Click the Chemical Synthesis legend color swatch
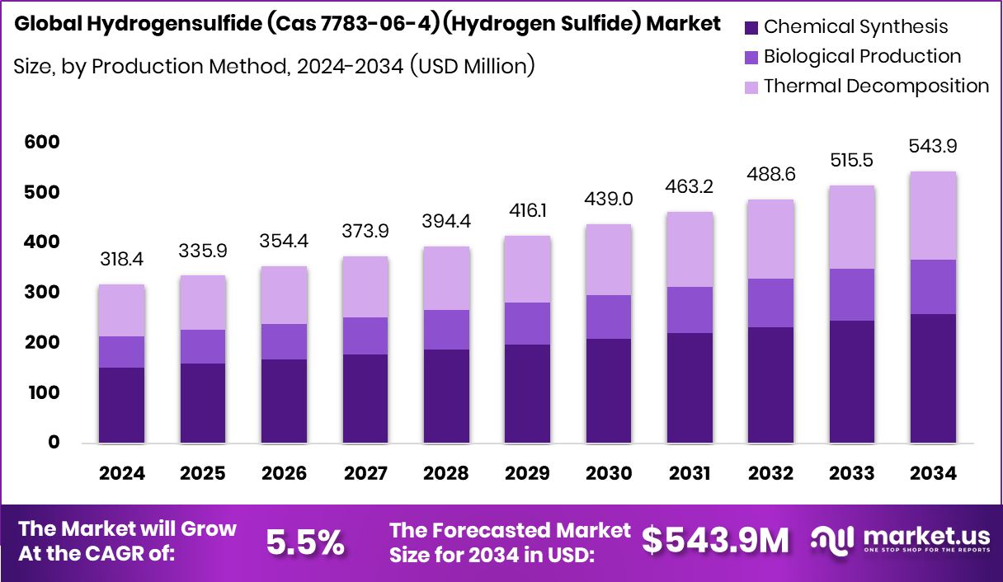pos(751,26)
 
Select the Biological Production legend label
pos(862,56)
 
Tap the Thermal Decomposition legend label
pos(876,86)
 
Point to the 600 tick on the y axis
pos(41,143)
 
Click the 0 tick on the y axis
pos(53,443)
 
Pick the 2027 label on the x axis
pos(365,473)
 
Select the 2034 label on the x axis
pos(934,473)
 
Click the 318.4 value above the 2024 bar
pos(122,260)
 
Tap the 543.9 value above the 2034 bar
pos(934,146)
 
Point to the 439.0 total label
pos(610,199)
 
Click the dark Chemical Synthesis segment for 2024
pos(122,405)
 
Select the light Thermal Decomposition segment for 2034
pos(934,216)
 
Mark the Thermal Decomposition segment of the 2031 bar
pos(690,250)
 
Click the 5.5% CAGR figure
pos(304,542)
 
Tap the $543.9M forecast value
pos(715,541)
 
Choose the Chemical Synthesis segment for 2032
pos(771,385)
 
